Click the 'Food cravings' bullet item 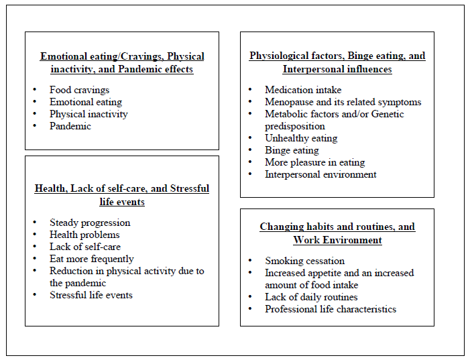click(x=79, y=90)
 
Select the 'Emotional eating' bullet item click(x=85, y=102)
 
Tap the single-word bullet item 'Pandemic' click(x=70, y=126)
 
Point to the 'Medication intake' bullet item click(x=303, y=90)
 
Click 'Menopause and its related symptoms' click(x=343, y=102)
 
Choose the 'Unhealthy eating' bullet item click(x=301, y=138)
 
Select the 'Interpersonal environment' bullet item click(x=320, y=174)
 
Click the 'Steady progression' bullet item click(x=90, y=223)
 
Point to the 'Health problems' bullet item click(x=84, y=235)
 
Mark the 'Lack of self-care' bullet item click(x=85, y=247)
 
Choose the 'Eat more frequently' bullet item click(x=91, y=259)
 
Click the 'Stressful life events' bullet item click(x=91, y=295)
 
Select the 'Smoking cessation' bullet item click(x=304, y=261)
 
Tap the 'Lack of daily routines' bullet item click(x=311, y=297)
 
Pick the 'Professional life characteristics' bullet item click(x=331, y=309)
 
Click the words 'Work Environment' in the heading click(x=337, y=240)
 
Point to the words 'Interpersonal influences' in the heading click(x=337, y=69)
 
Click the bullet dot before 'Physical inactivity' click(x=34, y=115)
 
